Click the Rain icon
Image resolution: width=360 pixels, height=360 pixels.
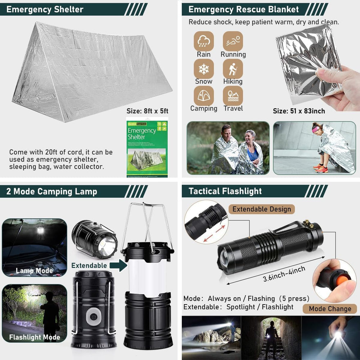click(x=204, y=41)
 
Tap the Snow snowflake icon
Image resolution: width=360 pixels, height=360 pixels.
click(x=204, y=69)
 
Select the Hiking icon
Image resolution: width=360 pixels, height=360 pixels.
click(x=233, y=69)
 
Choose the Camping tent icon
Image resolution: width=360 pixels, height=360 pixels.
click(x=204, y=96)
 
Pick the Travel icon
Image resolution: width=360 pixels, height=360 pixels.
click(x=233, y=96)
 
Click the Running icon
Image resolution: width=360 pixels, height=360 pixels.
click(x=233, y=41)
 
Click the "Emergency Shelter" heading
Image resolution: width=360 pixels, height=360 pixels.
click(x=45, y=9)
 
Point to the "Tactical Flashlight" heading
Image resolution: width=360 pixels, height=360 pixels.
click(x=225, y=191)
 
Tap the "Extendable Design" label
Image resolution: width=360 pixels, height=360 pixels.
click(x=262, y=209)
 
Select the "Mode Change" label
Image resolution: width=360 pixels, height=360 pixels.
click(x=330, y=309)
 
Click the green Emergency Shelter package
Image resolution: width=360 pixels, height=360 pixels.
click(x=147, y=148)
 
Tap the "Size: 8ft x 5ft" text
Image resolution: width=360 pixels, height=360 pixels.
click(x=147, y=111)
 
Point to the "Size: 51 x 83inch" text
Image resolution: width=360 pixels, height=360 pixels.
click(x=299, y=111)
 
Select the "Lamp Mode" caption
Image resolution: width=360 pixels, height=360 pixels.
click(x=34, y=271)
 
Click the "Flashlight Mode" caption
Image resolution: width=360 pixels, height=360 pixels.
click(x=34, y=337)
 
